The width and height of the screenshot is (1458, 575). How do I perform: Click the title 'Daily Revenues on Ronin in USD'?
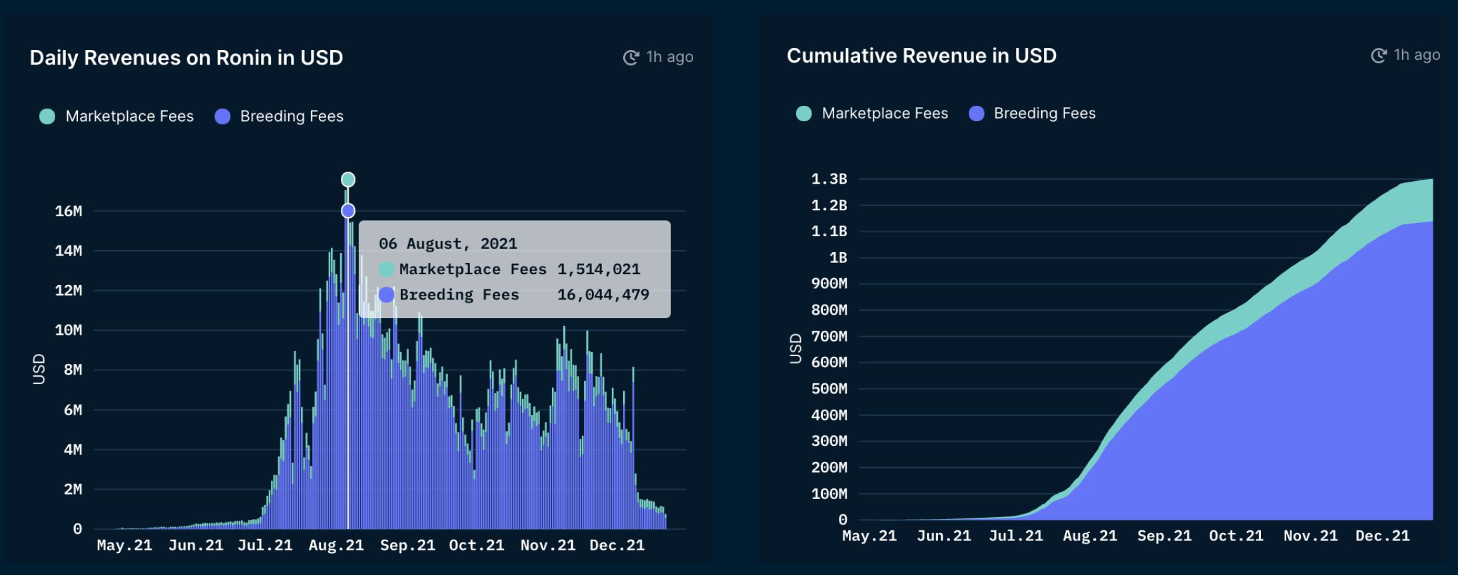click(x=186, y=58)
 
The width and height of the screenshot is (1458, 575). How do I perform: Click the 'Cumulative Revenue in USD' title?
click(x=921, y=56)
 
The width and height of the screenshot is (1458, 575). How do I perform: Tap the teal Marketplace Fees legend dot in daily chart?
click(x=47, y=116)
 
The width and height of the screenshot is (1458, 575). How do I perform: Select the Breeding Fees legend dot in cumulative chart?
click(x=977, y=114)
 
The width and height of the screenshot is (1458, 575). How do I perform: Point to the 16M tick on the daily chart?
click(x=69, y=211)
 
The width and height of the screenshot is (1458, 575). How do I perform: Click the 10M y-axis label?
click(x=69, y=330)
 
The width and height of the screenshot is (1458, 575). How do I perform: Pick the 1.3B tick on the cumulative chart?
click(x=829, y=179)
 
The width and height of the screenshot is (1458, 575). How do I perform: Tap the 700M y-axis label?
click(x=829, y=336)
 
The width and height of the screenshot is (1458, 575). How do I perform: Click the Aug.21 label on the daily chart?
click(x=336, y=546)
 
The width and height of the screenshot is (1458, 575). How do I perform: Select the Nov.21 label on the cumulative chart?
click(x=1310, y=536)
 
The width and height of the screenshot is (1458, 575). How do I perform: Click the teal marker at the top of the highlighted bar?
click(x=348, y=180)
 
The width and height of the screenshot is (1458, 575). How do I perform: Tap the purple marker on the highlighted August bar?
click(x=348, y=211)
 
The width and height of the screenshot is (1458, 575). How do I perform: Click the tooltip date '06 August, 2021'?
click(x=448, y=244)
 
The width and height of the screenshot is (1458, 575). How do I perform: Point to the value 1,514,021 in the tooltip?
click(x=599, y=269)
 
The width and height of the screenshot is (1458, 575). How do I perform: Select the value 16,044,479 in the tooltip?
click(x=603, y=294)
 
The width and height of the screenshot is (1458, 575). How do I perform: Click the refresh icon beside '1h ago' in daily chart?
click(x=631, y=58)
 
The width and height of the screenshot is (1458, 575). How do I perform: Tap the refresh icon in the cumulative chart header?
click(x=1379, y=56)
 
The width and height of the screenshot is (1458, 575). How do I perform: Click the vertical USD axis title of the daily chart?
click(x=39, y=369)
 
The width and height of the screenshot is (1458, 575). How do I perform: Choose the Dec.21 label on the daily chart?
click(x=617, y=546)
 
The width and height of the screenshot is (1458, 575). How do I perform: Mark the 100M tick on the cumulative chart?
click(x=829, y=494)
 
